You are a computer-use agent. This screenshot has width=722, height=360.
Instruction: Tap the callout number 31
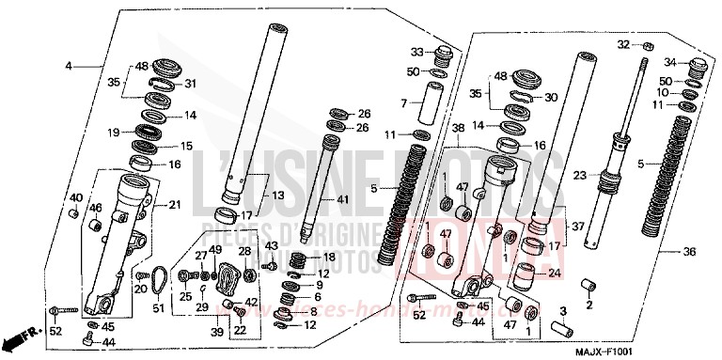click(191, 84)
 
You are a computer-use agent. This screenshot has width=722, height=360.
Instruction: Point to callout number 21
click(175, 205)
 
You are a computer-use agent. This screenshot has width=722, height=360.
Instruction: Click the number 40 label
click(76, 197)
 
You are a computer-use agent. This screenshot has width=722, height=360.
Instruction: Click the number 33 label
click(416, 51)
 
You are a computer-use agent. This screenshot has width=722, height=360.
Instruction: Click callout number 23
click(580, 175)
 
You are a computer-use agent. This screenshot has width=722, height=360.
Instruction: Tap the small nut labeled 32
click(649, 46)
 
